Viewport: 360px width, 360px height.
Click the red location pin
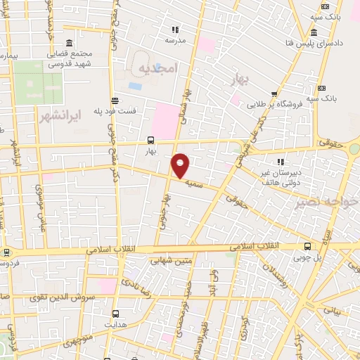click(x=181, y=165)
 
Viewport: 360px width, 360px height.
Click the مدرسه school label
click(x=176, y=40)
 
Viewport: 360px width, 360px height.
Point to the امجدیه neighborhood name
click(x=155, y=68)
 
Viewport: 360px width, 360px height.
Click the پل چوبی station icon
click(x=307, y=246)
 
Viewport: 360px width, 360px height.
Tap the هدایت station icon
click(x=116, y=313)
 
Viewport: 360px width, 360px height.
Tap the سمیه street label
click(x=195, y=181)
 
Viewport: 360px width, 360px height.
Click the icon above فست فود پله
click(x=115, y=100)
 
